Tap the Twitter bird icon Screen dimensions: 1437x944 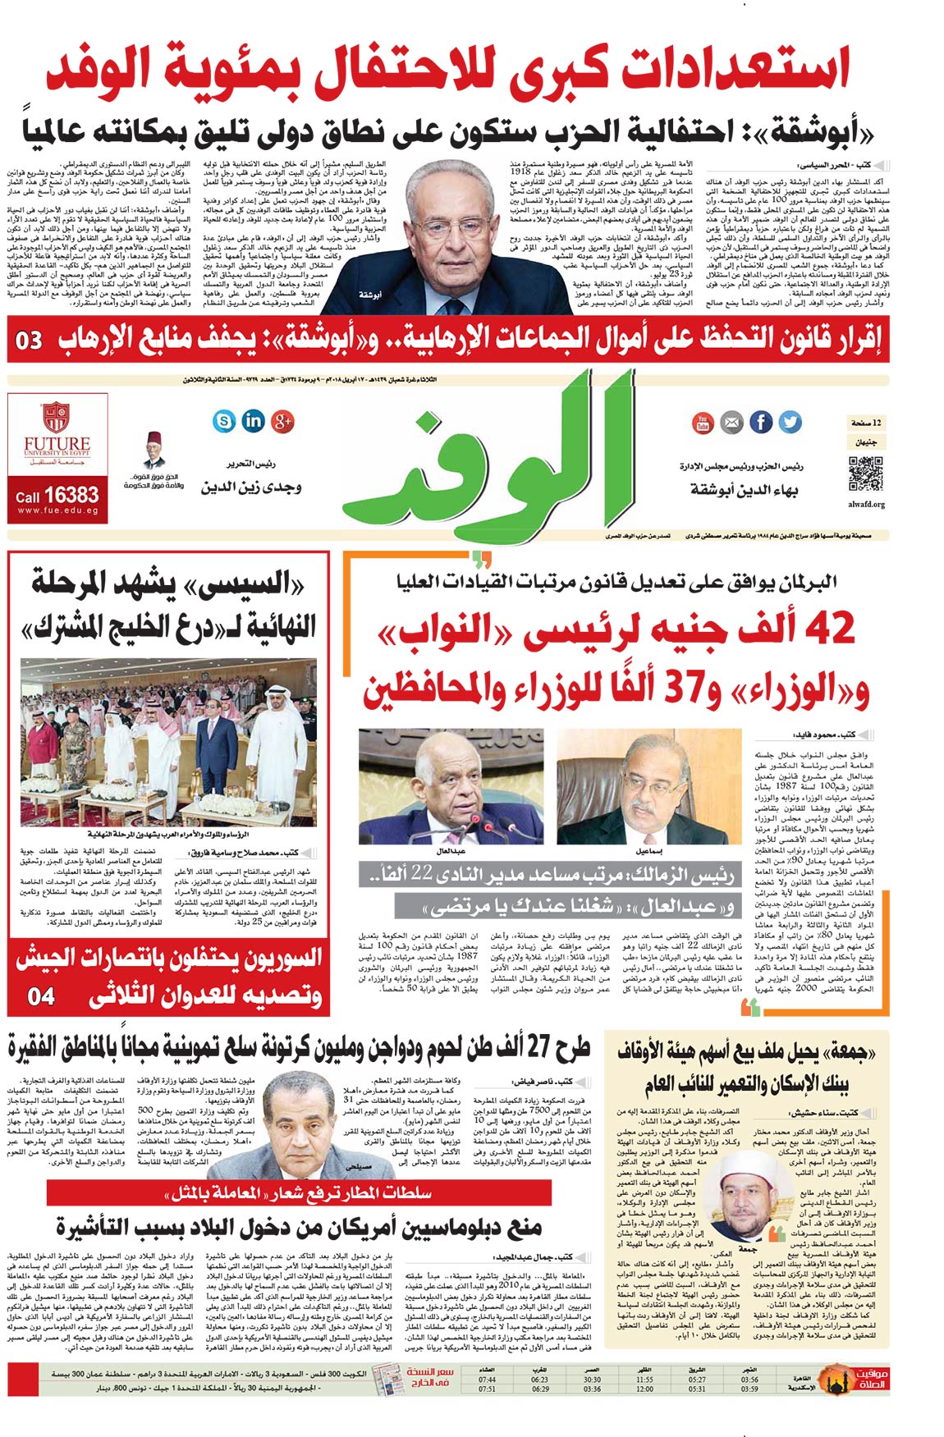click(x=790, y=422)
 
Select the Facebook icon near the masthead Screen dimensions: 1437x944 click(x=760, y=422)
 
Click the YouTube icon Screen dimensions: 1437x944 click(x=703, y=423)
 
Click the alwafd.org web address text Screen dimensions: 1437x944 click(x=866, y=505)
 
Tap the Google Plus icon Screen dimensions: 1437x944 click(x=283, y=421)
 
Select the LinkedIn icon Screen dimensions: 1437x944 click(x=254, y=421)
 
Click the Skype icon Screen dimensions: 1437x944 click(x=223, y=421)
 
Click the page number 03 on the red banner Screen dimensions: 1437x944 click(x=30, y=339)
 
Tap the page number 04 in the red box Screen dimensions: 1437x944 click(x=41, y=996)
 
